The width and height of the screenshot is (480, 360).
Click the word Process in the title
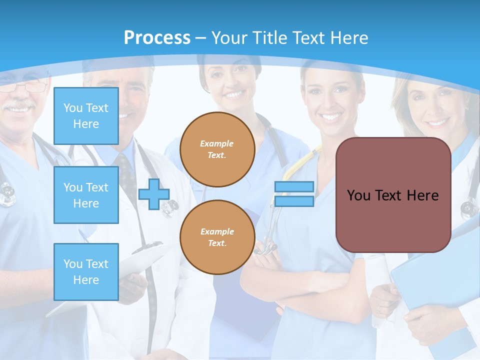coord(157,37)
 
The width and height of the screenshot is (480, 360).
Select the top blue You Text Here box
coord(86,116)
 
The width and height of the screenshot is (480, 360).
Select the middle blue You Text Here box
coord(86,195)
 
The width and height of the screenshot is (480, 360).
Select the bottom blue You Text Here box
coord(86,272)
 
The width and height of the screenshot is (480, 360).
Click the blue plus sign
coord(153,194)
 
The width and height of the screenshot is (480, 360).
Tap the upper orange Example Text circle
coord(217,149)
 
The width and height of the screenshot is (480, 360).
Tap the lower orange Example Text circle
coord(217,237)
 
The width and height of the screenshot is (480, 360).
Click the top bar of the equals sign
coord(294,187)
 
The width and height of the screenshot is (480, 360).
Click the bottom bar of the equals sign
coord(294,201)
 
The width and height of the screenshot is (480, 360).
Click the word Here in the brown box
coord(422,195)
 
